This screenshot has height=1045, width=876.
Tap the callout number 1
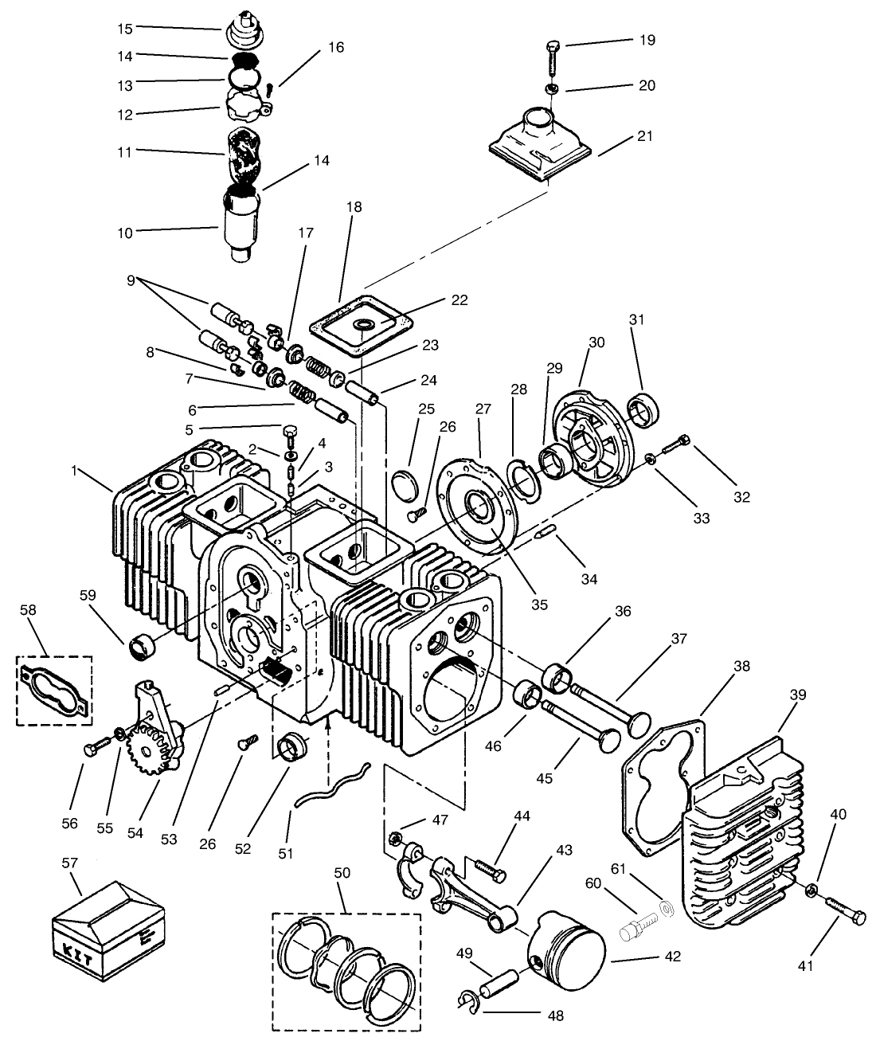[75, 471]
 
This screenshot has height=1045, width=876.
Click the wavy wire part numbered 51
[330, 785]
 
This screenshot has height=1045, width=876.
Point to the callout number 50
[343, 873]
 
